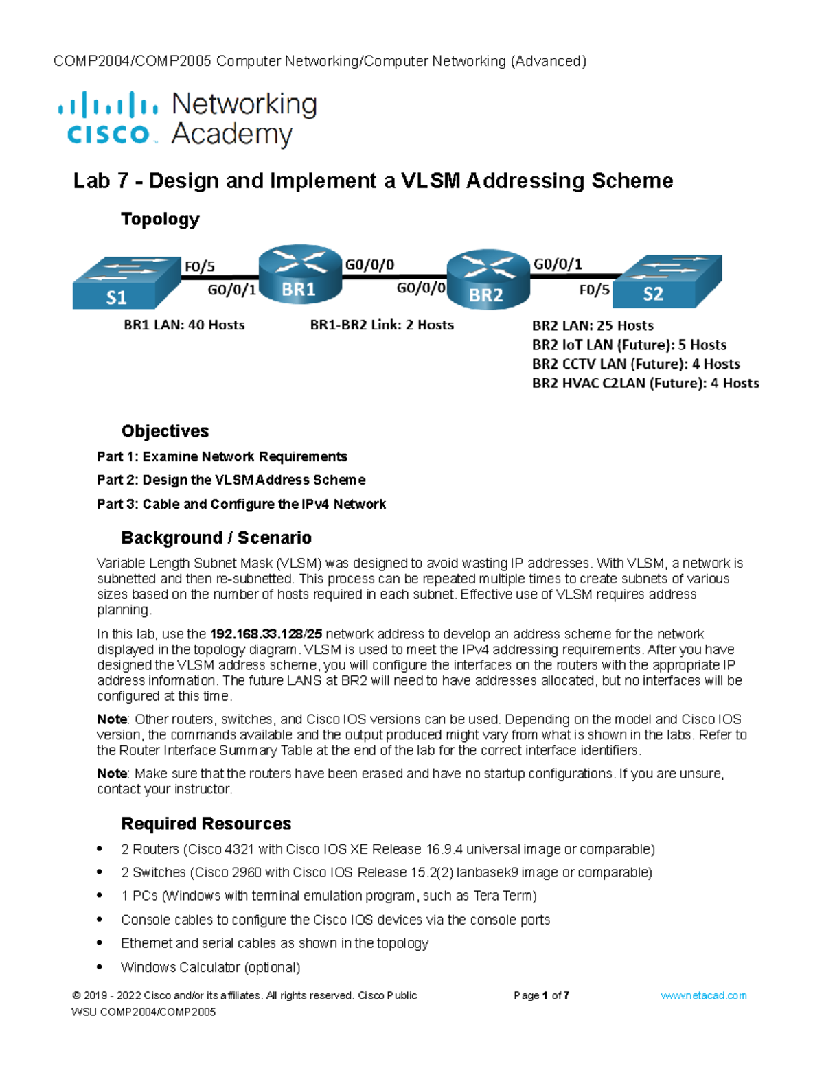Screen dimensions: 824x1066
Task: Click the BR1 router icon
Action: coord(300,275)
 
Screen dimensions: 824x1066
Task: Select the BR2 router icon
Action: coord(488,279)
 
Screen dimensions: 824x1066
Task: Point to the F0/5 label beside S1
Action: coord(199,266)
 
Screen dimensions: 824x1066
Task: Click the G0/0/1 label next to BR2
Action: coord(558,264)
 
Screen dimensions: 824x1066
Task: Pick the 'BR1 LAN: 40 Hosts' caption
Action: coord(184,325)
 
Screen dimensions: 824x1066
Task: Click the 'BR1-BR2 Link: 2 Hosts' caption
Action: coord(382,325)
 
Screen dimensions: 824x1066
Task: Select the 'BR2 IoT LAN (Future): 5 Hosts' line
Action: coord(629,345)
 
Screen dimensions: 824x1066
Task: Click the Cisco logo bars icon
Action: coord(108,105)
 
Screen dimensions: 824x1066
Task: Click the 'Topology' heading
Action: coord(160,219)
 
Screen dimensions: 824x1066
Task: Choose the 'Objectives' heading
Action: coord(165,431)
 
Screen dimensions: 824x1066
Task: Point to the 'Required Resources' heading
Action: coord(206,824)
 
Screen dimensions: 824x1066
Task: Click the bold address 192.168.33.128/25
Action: coord(266,634)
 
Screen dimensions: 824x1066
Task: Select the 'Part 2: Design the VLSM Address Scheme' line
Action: coord(231,480)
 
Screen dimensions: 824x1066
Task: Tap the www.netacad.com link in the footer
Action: coord(703,995)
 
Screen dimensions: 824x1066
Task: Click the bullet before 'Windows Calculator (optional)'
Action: coord(100,967)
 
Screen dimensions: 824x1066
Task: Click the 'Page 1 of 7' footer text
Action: coord(541,995)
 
